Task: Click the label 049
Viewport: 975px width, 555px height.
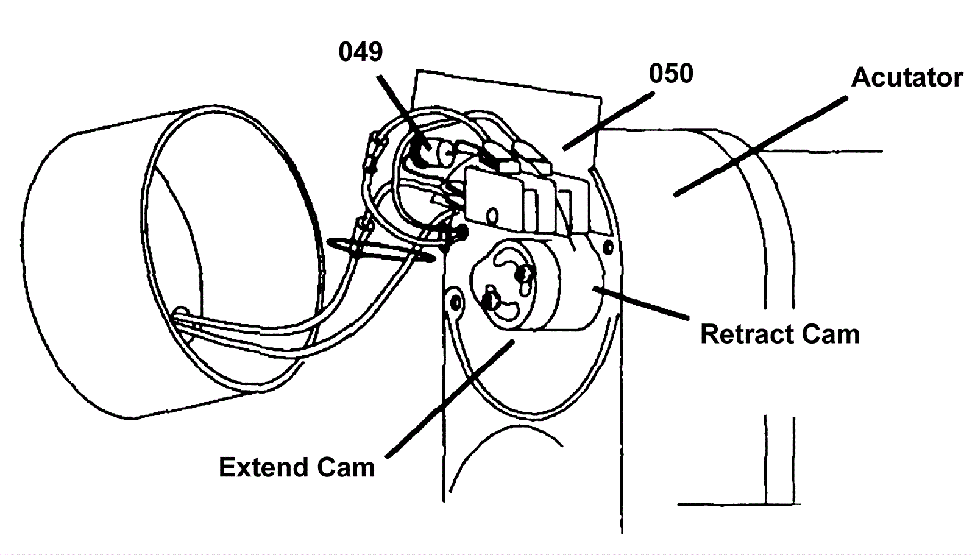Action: coord(361,52)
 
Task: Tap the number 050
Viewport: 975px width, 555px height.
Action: coord(671,74)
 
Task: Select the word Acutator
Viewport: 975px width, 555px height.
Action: coord(907,77)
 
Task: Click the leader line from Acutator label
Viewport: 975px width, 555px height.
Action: coord(762,146)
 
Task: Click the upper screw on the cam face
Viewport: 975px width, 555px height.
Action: coord(522,275)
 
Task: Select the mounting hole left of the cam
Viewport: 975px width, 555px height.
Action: coord(453,300)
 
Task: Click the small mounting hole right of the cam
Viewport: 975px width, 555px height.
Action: coord(607,246)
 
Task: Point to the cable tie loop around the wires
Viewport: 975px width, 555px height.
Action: coord(381,250)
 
